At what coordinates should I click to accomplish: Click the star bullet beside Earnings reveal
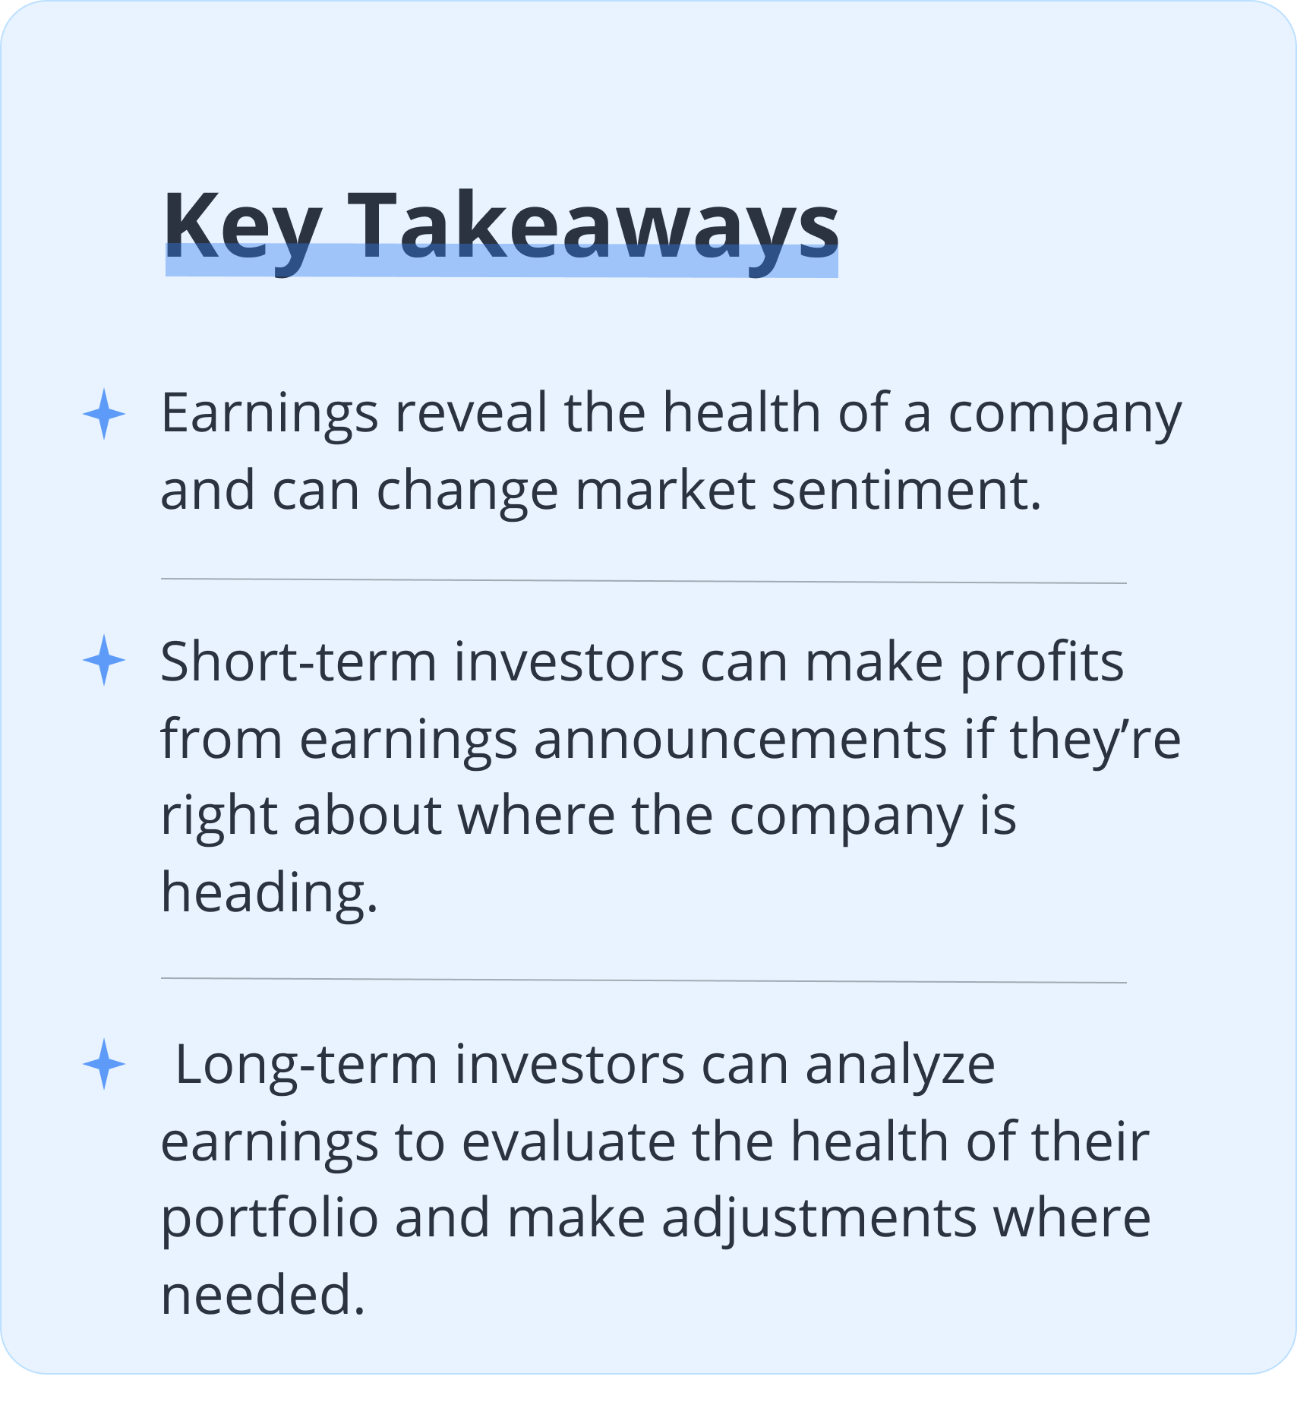point(104,414)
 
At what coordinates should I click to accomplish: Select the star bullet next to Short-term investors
point(104,661)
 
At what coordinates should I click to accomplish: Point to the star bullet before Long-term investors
point(104,1064)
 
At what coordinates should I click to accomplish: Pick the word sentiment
point(907,491)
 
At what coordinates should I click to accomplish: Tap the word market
point(665,491)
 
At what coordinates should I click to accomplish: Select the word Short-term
point(298,661)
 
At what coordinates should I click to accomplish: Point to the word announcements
point(740,740)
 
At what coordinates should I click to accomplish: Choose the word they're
point(1095,740)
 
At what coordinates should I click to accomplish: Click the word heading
point(270,892)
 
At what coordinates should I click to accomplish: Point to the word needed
point(264,1295)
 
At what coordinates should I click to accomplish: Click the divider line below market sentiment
point(644,581)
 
